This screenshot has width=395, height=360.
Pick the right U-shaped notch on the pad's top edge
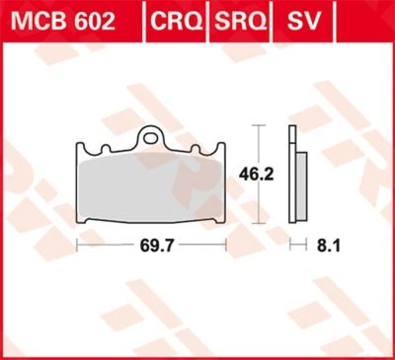click(x=195, y=148)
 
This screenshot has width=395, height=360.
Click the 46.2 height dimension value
click(x=256, y=175)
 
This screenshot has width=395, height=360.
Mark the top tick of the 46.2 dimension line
click(x=256, y=126)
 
